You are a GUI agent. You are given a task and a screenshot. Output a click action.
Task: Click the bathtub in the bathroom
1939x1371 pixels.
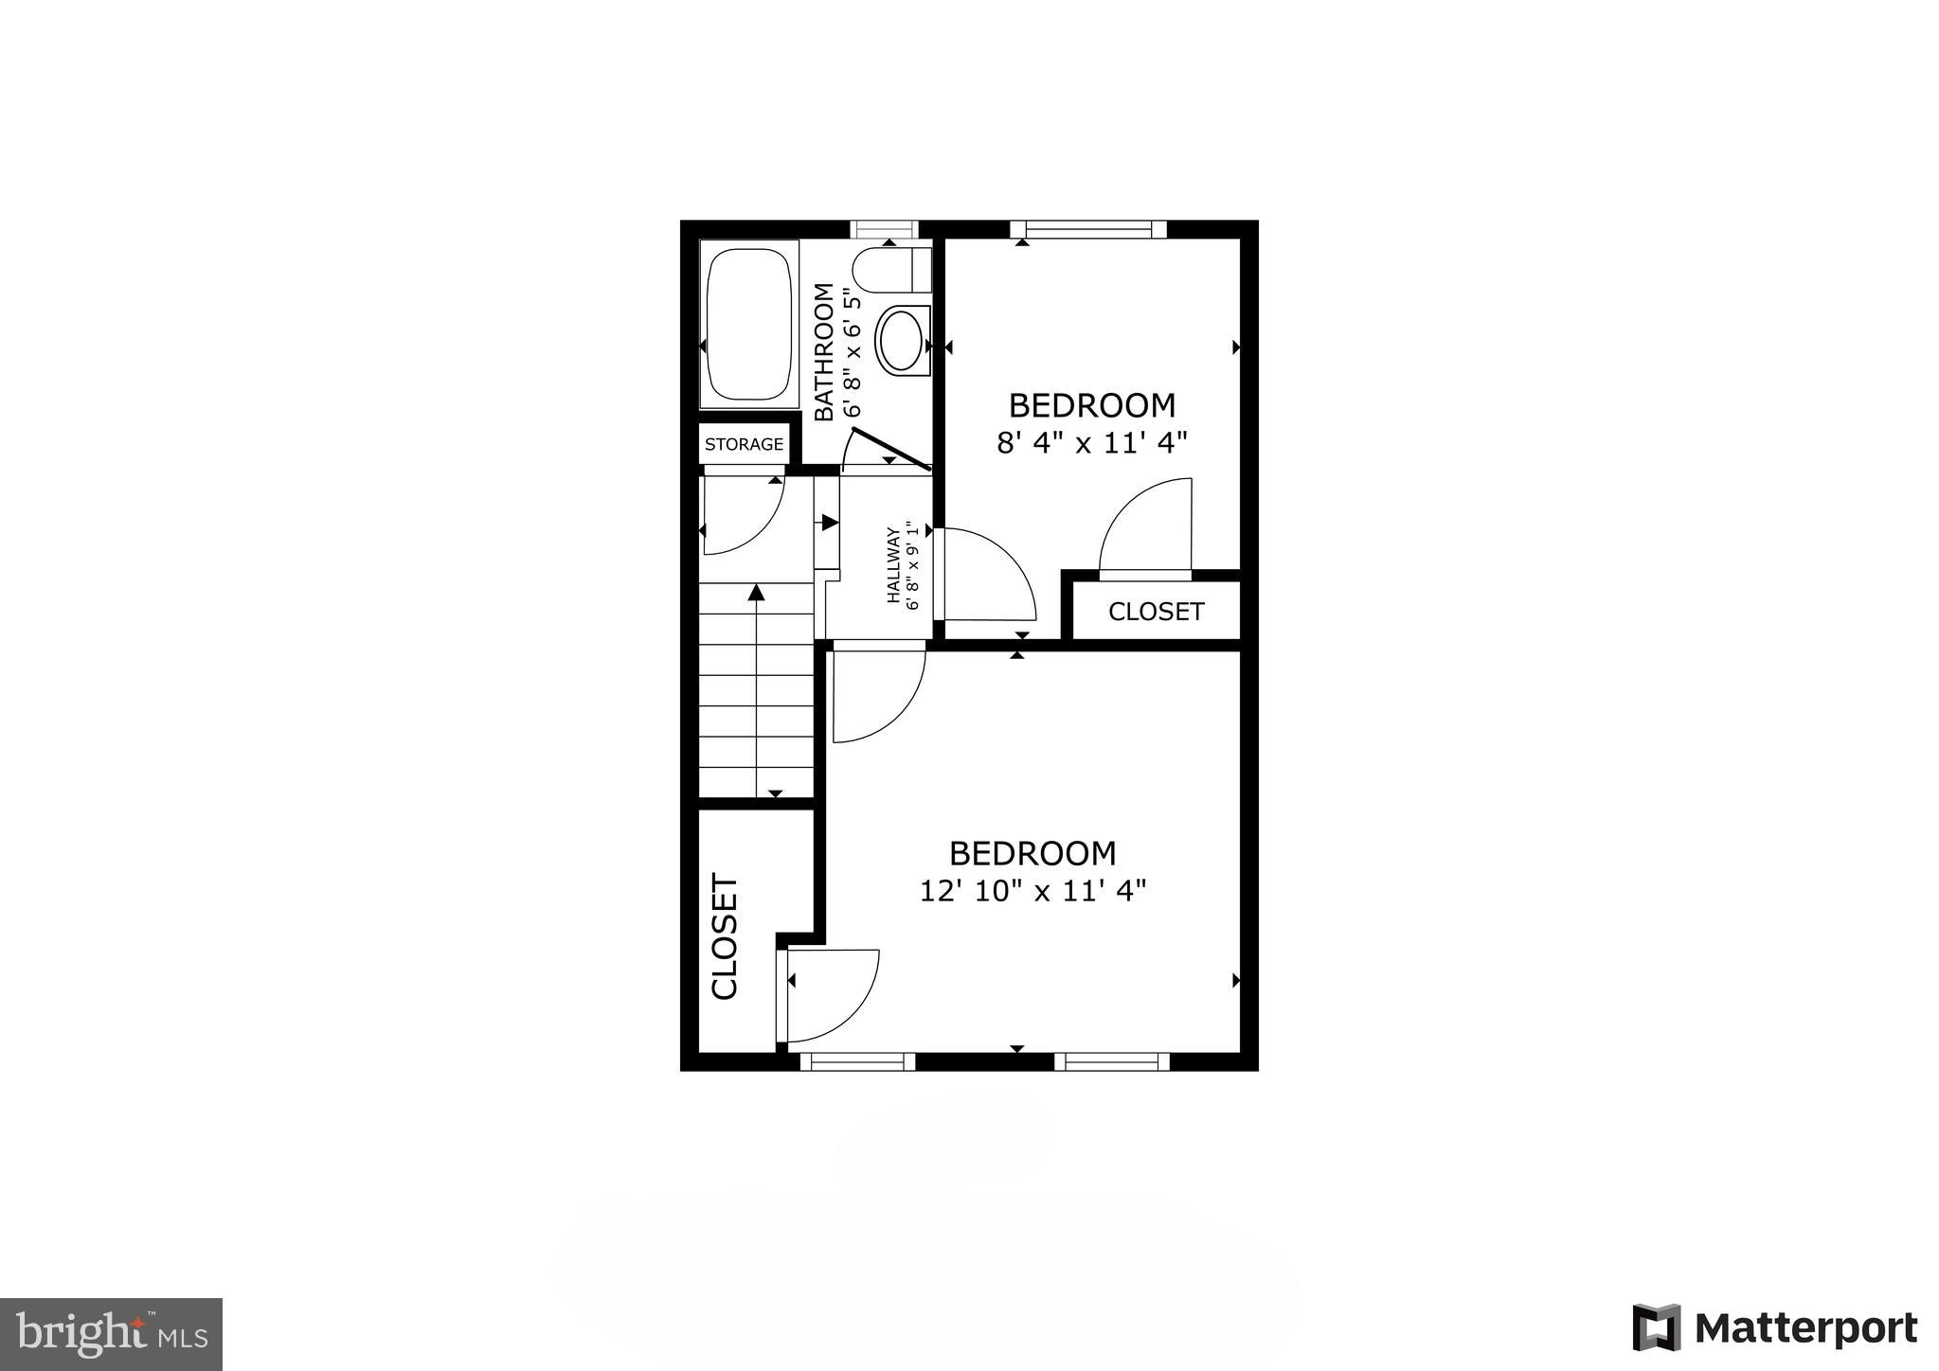coord(748,324)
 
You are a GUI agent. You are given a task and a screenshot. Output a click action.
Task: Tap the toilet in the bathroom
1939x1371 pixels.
coord(890,271)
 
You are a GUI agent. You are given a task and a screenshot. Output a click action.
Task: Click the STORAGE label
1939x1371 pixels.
coord(745,444)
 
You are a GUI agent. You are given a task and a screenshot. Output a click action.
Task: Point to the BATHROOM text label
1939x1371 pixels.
coord(825,351)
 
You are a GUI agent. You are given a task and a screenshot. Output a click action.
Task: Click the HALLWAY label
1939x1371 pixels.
coord(893,565)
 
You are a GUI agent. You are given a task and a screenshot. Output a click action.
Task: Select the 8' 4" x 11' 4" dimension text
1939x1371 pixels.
coord(1091,443)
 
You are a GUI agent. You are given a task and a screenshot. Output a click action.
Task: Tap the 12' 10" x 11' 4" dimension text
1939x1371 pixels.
coord(1032,891)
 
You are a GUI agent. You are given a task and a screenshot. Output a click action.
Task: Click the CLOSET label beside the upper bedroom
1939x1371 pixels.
coord(1156,612)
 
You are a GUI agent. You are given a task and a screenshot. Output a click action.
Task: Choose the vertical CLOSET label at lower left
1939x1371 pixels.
coord(725,936)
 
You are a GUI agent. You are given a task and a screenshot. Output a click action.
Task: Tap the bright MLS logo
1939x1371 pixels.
coord(112,1334)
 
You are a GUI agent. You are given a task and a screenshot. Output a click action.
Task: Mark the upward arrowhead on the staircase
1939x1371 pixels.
coord(756,593)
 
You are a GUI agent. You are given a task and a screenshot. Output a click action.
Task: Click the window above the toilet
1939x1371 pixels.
coord(885,229)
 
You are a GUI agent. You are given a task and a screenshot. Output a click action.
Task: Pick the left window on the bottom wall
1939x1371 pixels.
coord(858,1061)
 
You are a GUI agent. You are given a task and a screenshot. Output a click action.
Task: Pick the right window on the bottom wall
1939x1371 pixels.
coord(1112,1061)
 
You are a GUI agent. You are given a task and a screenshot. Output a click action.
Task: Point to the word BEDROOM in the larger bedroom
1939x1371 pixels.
coord(1032,854)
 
